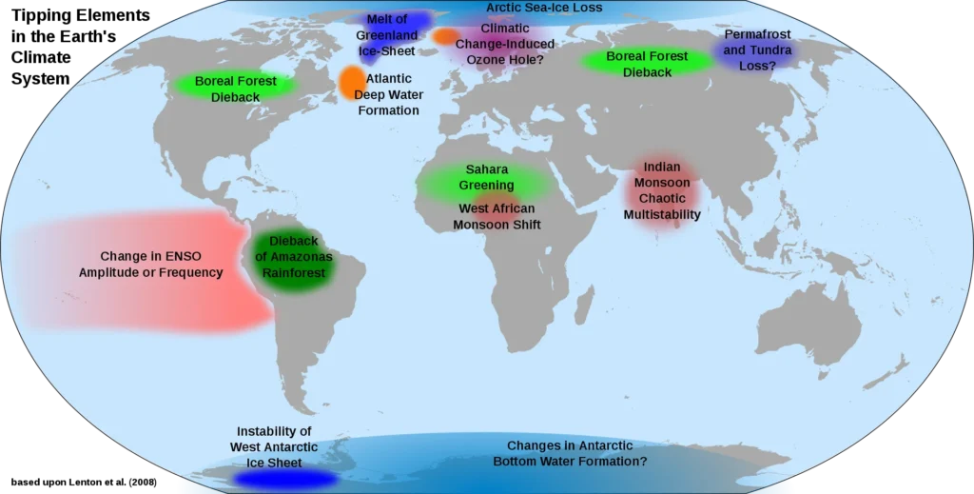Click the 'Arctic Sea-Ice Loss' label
coord(544,8)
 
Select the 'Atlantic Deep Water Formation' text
coord(389,95)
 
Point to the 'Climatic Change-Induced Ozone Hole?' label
coord(505,44)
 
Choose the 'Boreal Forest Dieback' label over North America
coord(236,89)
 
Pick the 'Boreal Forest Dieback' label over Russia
coord(647,64)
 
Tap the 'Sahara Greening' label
coord(486,177)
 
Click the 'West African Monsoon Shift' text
coord(497,217)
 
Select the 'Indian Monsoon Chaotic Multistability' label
coord(661,191)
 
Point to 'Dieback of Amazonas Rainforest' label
coord(294,257)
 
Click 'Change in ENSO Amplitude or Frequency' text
coord(150,265)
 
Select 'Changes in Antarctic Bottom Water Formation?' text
coord(570,453)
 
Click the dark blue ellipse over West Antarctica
coord(284,478)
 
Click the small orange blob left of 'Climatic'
coord(444,36)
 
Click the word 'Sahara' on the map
coord(486,169)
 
